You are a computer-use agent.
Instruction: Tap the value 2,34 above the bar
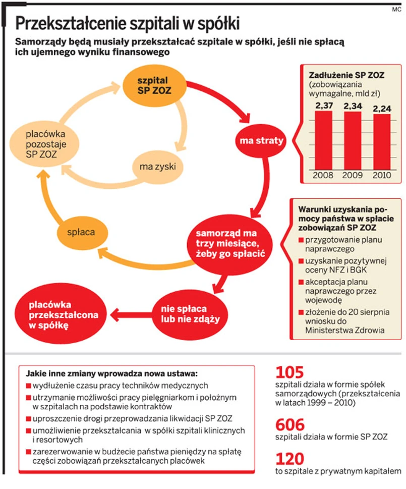pos(353,106)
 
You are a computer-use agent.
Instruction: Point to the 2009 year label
pos(353,175)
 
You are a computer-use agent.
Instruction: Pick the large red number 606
pos(291,424)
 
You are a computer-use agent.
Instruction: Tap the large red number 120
pos(290,459)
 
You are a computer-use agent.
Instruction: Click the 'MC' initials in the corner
pos(397,9)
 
